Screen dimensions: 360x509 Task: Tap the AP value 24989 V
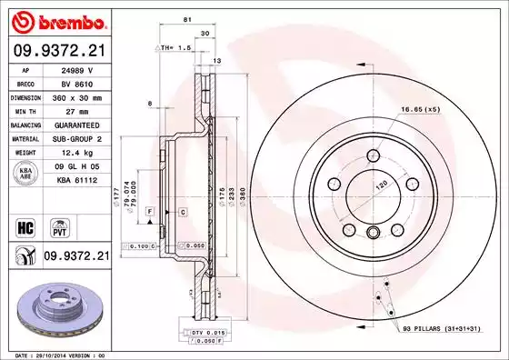79,69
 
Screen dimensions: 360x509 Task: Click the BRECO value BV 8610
79,82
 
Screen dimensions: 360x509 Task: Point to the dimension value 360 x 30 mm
79,95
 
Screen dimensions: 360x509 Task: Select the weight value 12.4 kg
79,153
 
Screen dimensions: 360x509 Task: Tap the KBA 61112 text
79,183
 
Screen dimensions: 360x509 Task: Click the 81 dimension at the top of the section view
186,18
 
